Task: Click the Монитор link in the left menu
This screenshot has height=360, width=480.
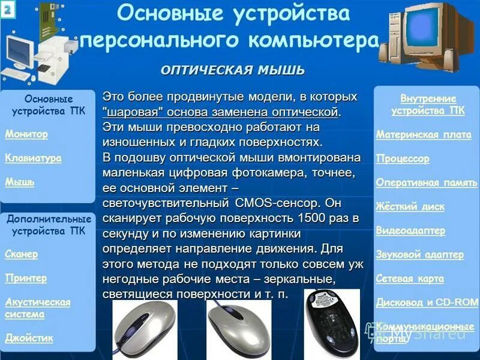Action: [x=26, y=134]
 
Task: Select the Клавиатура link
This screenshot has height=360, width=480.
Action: [x=34, y=158]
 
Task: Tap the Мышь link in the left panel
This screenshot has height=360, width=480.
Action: [x=20, y=182]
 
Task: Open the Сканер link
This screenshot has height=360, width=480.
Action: [x=22, y=254]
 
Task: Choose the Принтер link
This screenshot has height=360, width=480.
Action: [x=26, y=278]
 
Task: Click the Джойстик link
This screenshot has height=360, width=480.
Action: [x=29, y=338]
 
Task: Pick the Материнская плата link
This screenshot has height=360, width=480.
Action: [x=424, y=135]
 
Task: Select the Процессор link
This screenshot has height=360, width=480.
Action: [x=403, y=159]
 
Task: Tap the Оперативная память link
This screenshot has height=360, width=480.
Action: [x=426, y=183]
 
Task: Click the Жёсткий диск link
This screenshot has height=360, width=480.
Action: [x=410, y=207]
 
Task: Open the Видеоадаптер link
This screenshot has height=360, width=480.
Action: [x=410, y=230]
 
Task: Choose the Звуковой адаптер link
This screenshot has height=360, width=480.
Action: [x=419, y=254]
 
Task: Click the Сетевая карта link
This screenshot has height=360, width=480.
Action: [x=410, y=278]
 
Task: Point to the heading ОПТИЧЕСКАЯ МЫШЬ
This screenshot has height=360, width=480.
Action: [x=232, y=71]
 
